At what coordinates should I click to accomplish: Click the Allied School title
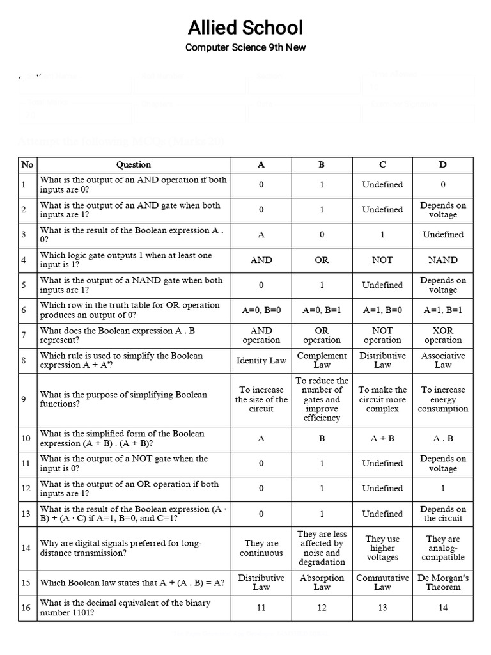point(245,28)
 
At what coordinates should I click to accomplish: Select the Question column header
point(134,164)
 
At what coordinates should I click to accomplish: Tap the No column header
point(27,164)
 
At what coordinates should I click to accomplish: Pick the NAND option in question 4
point(443,260)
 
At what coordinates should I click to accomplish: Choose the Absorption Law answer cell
point(322,582)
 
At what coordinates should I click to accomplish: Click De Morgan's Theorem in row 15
point(443,582)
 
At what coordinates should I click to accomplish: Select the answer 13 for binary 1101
point(382,608)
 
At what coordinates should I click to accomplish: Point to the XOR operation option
point(443,335)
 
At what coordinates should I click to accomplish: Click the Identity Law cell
point(261,360)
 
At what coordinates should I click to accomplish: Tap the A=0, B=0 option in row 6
point(261,310)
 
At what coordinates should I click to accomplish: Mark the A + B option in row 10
point(382,439)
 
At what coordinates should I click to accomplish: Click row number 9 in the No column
point(24,399)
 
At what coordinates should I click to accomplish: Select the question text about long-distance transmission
point(121,548)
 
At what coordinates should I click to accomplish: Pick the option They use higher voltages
point(382,548)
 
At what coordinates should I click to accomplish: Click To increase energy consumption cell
point(443,399)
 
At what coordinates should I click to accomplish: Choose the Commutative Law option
point(382,582)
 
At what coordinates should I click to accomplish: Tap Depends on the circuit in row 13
point(443,514)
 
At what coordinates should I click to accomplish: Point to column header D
point(443,164)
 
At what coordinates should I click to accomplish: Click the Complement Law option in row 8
point(322,360)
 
